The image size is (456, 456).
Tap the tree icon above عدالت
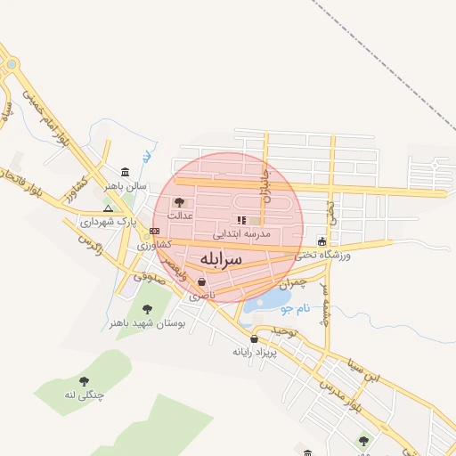click(x=179, y=202)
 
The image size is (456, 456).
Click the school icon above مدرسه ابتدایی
click(x=240, y=220)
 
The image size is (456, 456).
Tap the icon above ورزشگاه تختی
click(x=322, y=240)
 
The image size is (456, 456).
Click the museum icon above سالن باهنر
click(x=124, y=172)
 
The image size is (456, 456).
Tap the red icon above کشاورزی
click(x=154, y=231)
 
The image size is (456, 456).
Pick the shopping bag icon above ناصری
click(x=202, y=281)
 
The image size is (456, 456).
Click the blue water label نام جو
click(x=294, y=309)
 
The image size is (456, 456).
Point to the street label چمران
click(x=292, y=283)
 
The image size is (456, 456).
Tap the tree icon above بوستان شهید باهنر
click(x=147, y=310)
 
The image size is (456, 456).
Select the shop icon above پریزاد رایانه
click(x=255, y=338)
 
